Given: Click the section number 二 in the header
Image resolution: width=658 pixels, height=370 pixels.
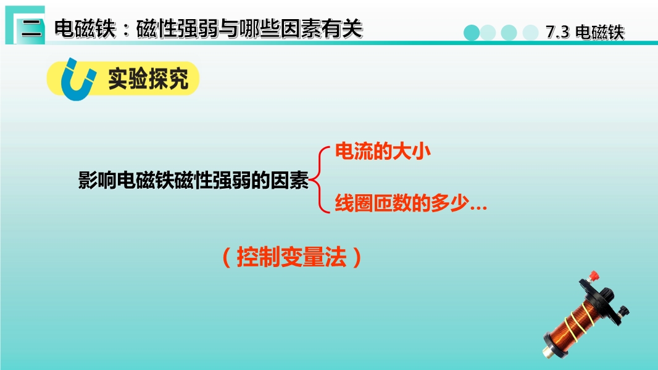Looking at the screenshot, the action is (32, 28).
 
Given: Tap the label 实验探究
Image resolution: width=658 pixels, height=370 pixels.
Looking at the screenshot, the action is (148, 78).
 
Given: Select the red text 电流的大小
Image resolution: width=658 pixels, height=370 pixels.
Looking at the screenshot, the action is (383, 151).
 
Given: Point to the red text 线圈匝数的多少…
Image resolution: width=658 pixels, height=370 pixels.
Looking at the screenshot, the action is (411, 203).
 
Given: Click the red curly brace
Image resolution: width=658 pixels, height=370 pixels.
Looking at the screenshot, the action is (319, 180).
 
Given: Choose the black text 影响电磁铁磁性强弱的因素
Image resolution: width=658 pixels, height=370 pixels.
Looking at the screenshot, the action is (193, 180).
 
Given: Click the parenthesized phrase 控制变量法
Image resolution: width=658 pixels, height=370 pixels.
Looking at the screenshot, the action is (291, 257).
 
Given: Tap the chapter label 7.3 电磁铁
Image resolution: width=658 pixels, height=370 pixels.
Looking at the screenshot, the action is (585, 32).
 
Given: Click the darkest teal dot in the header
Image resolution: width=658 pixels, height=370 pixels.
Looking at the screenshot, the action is (472, 33).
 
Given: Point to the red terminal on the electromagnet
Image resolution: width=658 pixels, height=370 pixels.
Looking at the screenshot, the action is (593, 276).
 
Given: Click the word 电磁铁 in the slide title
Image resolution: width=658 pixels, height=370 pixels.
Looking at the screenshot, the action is (85, 29).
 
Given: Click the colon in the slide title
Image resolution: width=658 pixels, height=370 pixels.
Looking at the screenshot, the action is (127, 30).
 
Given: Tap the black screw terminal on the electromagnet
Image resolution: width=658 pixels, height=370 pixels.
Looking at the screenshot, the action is (623, 311).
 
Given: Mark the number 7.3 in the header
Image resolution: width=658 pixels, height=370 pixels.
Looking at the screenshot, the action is (558, 32).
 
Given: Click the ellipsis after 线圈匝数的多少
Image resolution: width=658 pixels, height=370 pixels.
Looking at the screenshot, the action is (478, 207).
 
